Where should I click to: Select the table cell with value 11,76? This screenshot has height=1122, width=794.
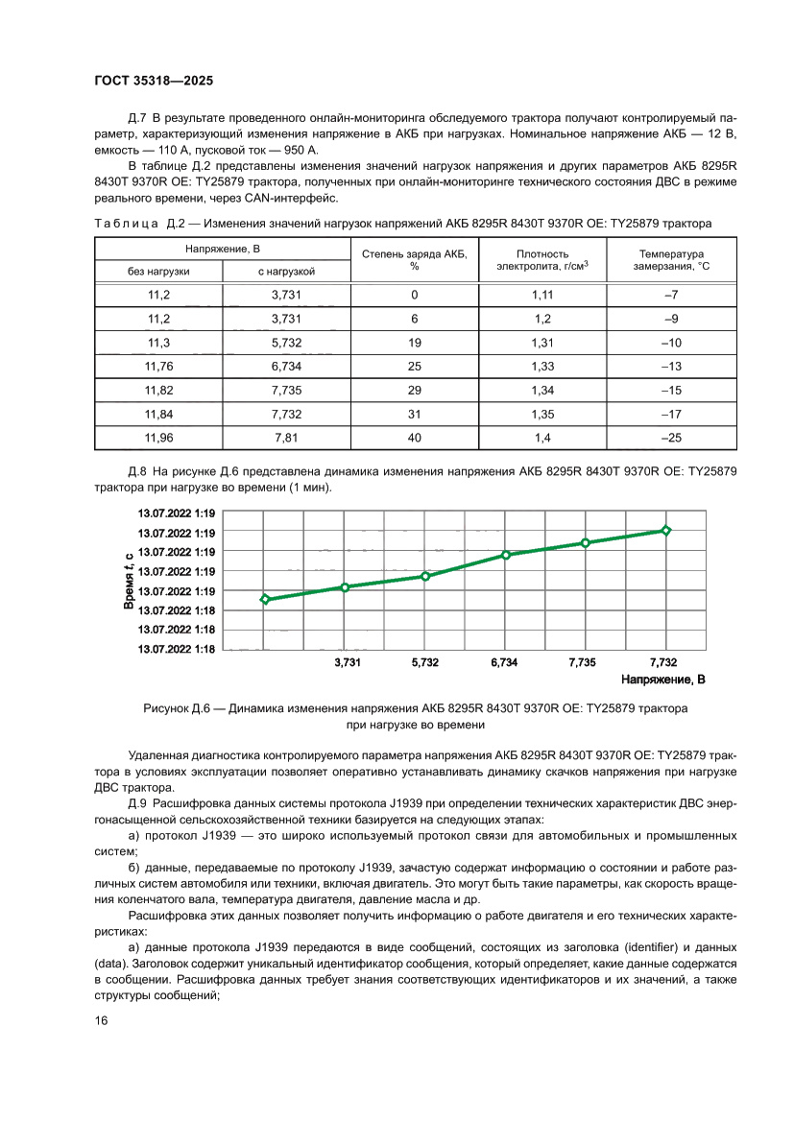coord(158,366)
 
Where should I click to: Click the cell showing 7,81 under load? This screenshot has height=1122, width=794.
coord(287,437)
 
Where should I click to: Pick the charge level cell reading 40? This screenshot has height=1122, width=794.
coord(415,437)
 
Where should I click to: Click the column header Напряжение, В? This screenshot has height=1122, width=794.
coord(223,249)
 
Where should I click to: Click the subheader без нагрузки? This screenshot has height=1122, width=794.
coord(158,272)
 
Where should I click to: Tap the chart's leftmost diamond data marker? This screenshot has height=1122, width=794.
coord(266,599)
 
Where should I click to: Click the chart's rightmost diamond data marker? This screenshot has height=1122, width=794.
coord(665,530)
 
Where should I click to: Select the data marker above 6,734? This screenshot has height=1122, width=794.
coord(506,555)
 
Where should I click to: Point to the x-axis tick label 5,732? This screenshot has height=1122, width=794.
coord(425,662)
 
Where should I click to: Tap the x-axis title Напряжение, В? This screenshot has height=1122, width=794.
coord(663,680)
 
